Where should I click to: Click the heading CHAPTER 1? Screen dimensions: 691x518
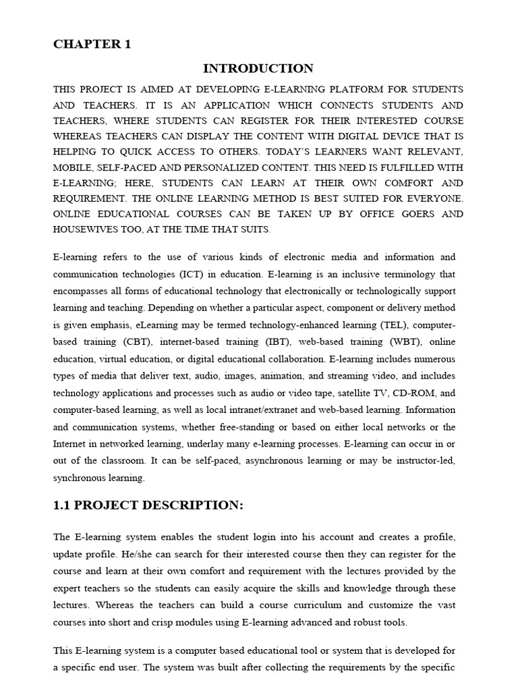coord(92,45)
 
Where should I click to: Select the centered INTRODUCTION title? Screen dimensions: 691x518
coord(258,68)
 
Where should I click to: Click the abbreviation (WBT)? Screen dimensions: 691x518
coord(391,342)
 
